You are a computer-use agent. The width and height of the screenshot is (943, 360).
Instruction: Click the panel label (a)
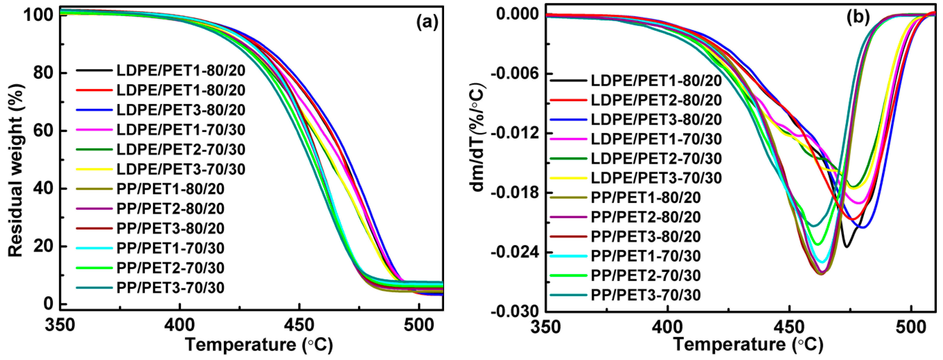coord(427,23)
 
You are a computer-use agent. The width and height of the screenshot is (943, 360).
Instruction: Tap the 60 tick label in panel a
coord(43,130)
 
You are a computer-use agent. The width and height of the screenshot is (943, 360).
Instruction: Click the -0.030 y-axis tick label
coord(516,312)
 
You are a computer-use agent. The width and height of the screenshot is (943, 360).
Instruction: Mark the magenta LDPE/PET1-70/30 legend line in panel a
coord(94,130)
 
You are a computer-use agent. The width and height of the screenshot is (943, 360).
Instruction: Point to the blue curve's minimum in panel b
coord(863,228)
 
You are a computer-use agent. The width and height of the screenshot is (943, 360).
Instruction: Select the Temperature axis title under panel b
coord(748,345)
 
